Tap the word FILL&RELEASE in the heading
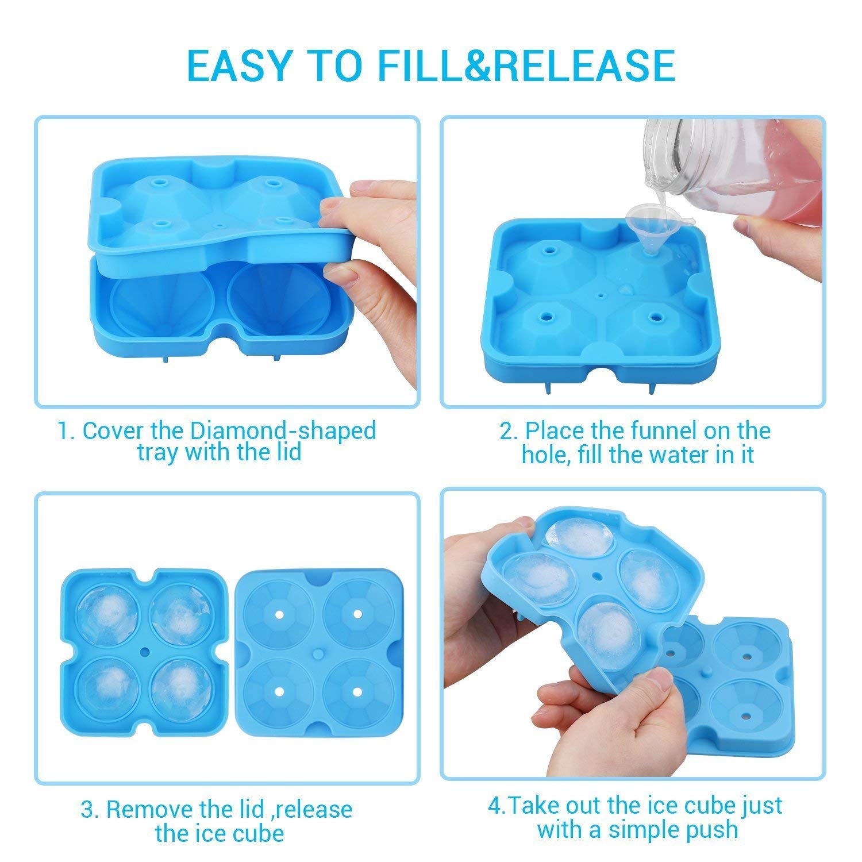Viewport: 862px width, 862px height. click(526, 65)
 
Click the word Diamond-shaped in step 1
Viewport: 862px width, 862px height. click(283, 430)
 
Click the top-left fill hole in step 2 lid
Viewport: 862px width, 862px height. click(551, 251)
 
